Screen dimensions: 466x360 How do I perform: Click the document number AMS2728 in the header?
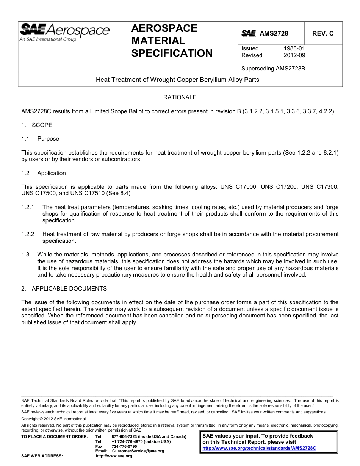click(x=274, y=33)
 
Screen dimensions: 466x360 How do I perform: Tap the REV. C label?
click(x=323, y=33)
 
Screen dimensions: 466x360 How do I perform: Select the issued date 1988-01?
click(x=294, y=48)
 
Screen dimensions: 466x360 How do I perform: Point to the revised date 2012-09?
click(x=294, y=55)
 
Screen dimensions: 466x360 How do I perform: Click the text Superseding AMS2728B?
click(x=268, y=69)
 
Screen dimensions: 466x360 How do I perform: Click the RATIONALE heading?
click(x=180, y=97)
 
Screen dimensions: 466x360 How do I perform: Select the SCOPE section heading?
click(x=42, y=125)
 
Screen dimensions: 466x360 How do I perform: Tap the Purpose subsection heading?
click(x=48, y=139)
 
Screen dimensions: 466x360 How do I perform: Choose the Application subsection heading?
click(x=52, y=173)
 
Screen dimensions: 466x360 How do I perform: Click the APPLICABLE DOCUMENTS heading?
click(x=69, y=289)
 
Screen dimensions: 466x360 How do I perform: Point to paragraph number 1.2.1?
click(x=28, y=207)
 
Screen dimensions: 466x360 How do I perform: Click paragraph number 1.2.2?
click(x=28, y=234)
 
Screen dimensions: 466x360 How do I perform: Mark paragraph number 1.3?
click(x=25, y=255)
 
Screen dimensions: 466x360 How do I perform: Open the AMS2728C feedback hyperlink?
click(x=259, y=448)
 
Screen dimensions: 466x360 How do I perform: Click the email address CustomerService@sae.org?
click(x=138, y=451)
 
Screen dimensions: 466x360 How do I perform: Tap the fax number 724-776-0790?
click(x=124, y=446)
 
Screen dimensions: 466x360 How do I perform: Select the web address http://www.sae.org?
click(x=114, y=456)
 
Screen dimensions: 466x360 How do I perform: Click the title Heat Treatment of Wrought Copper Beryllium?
click(x=177, y=80)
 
